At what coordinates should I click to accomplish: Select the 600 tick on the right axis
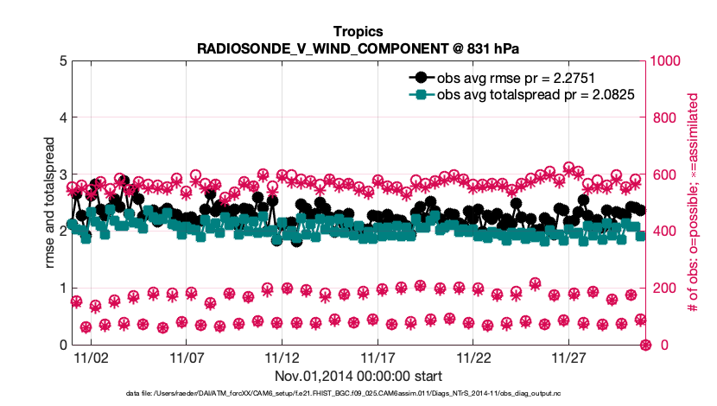click(x=659, y=174)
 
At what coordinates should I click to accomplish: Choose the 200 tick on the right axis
click(x=659, y=289)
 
